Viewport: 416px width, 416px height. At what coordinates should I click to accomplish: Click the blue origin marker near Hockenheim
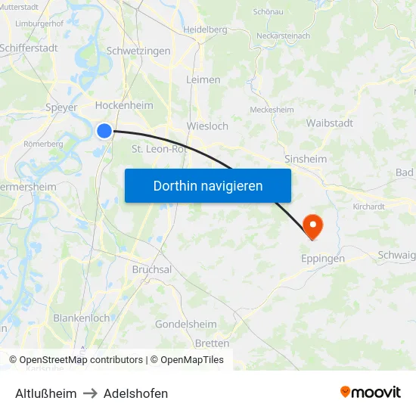coord(104,131)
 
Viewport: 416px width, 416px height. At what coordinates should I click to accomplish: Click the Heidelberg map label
coord(205,29)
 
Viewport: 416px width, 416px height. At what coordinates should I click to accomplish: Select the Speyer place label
coord(61,107)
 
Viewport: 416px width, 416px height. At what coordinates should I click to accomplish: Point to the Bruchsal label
coord(152,269)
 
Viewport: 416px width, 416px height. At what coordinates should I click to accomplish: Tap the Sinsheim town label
coord(306,159)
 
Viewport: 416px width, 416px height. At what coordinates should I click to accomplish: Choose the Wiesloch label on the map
coord(206,126)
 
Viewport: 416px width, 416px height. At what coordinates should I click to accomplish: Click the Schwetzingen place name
coord(138,51)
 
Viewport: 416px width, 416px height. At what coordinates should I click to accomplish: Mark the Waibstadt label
coord(330,123)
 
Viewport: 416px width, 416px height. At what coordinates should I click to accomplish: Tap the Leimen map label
coord(203,79)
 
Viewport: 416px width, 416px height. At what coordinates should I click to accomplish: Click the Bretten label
coord(212,343)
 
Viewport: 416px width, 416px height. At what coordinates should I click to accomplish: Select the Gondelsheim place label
coord(185,324)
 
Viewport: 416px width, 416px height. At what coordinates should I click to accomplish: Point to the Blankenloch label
coord(81,318)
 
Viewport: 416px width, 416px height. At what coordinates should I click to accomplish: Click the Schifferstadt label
coord(29,47)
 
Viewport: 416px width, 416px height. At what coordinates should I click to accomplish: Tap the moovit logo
coord(371,392)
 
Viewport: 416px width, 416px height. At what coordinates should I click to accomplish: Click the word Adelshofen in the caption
coord(136,393)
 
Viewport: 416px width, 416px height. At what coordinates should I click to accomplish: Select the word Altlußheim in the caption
coord(45,393)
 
